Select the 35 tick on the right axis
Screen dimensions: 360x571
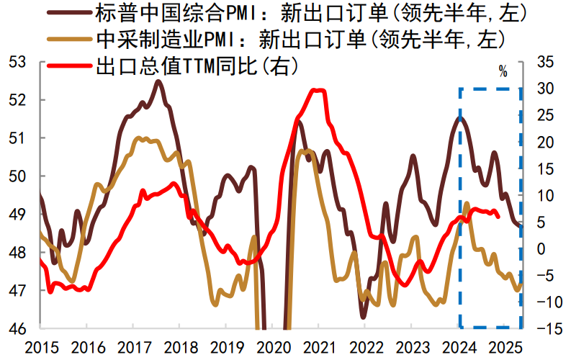click(545, 62)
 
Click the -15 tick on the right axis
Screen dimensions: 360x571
click(544, 328)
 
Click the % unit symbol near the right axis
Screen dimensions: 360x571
click(503, 72)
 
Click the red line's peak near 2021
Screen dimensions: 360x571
click(317, 90)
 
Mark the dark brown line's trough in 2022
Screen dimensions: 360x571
click(364, 316)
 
